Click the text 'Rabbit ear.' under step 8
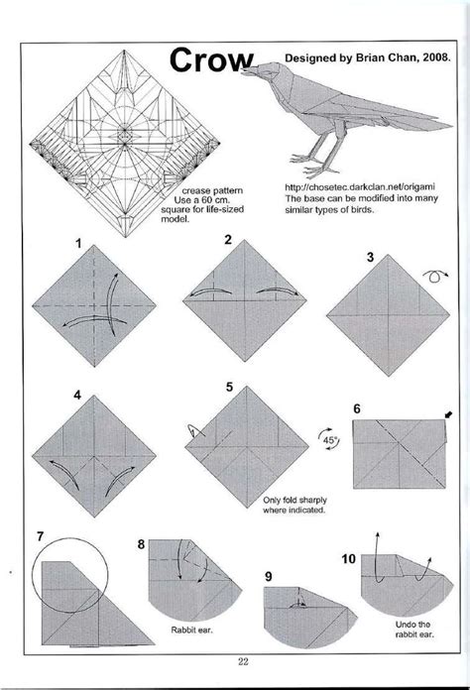click(x=184, y=629)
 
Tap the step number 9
click(x=269, y=575)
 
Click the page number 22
click(x=243, y=663)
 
